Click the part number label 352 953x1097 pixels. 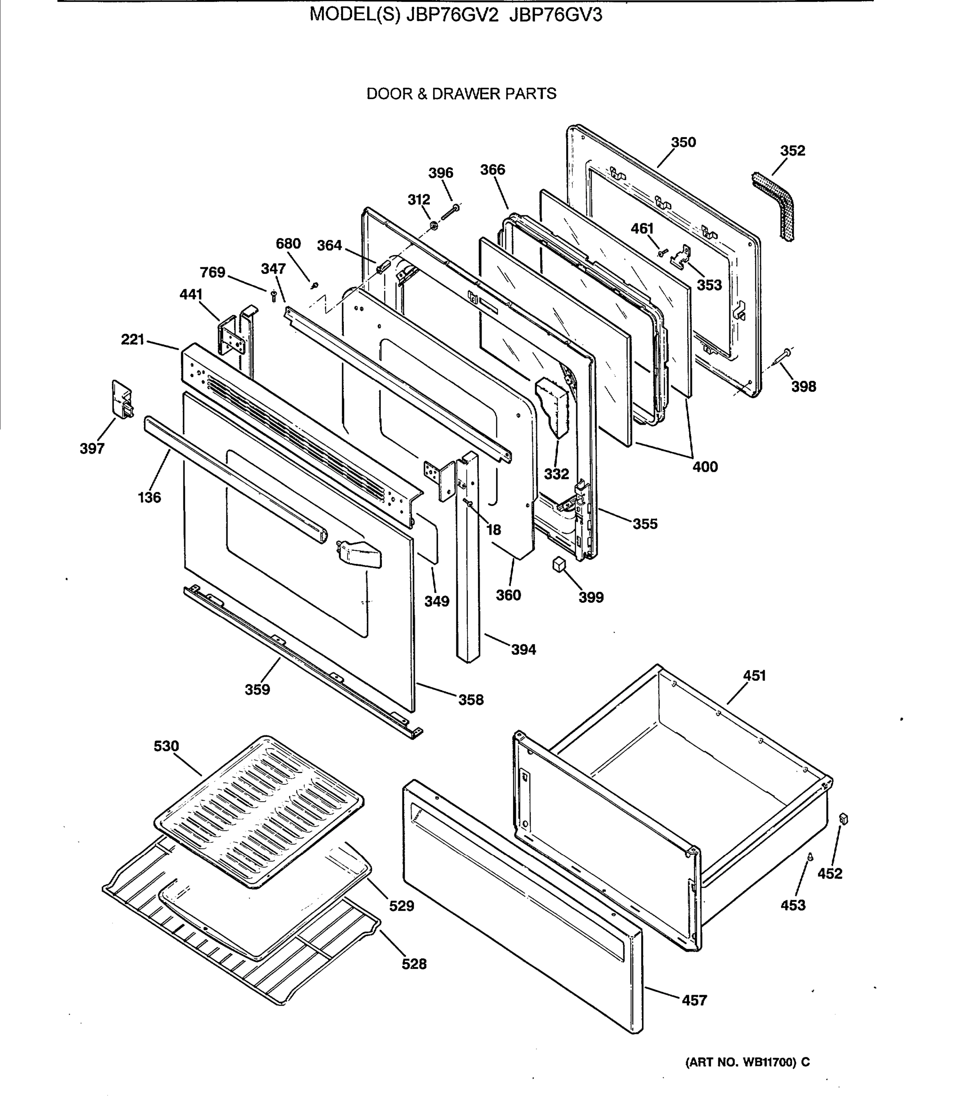792,151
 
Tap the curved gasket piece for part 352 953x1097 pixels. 776,204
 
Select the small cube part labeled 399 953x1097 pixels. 558,564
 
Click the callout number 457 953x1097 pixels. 694,1000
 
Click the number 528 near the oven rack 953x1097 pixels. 414,964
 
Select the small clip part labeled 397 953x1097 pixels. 122,399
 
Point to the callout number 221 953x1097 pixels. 133,339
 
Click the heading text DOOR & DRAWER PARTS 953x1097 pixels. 461,94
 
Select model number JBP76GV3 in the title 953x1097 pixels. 555,16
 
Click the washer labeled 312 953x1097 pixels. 434,226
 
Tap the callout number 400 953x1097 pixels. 705,467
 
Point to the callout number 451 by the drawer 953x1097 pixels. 754,676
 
